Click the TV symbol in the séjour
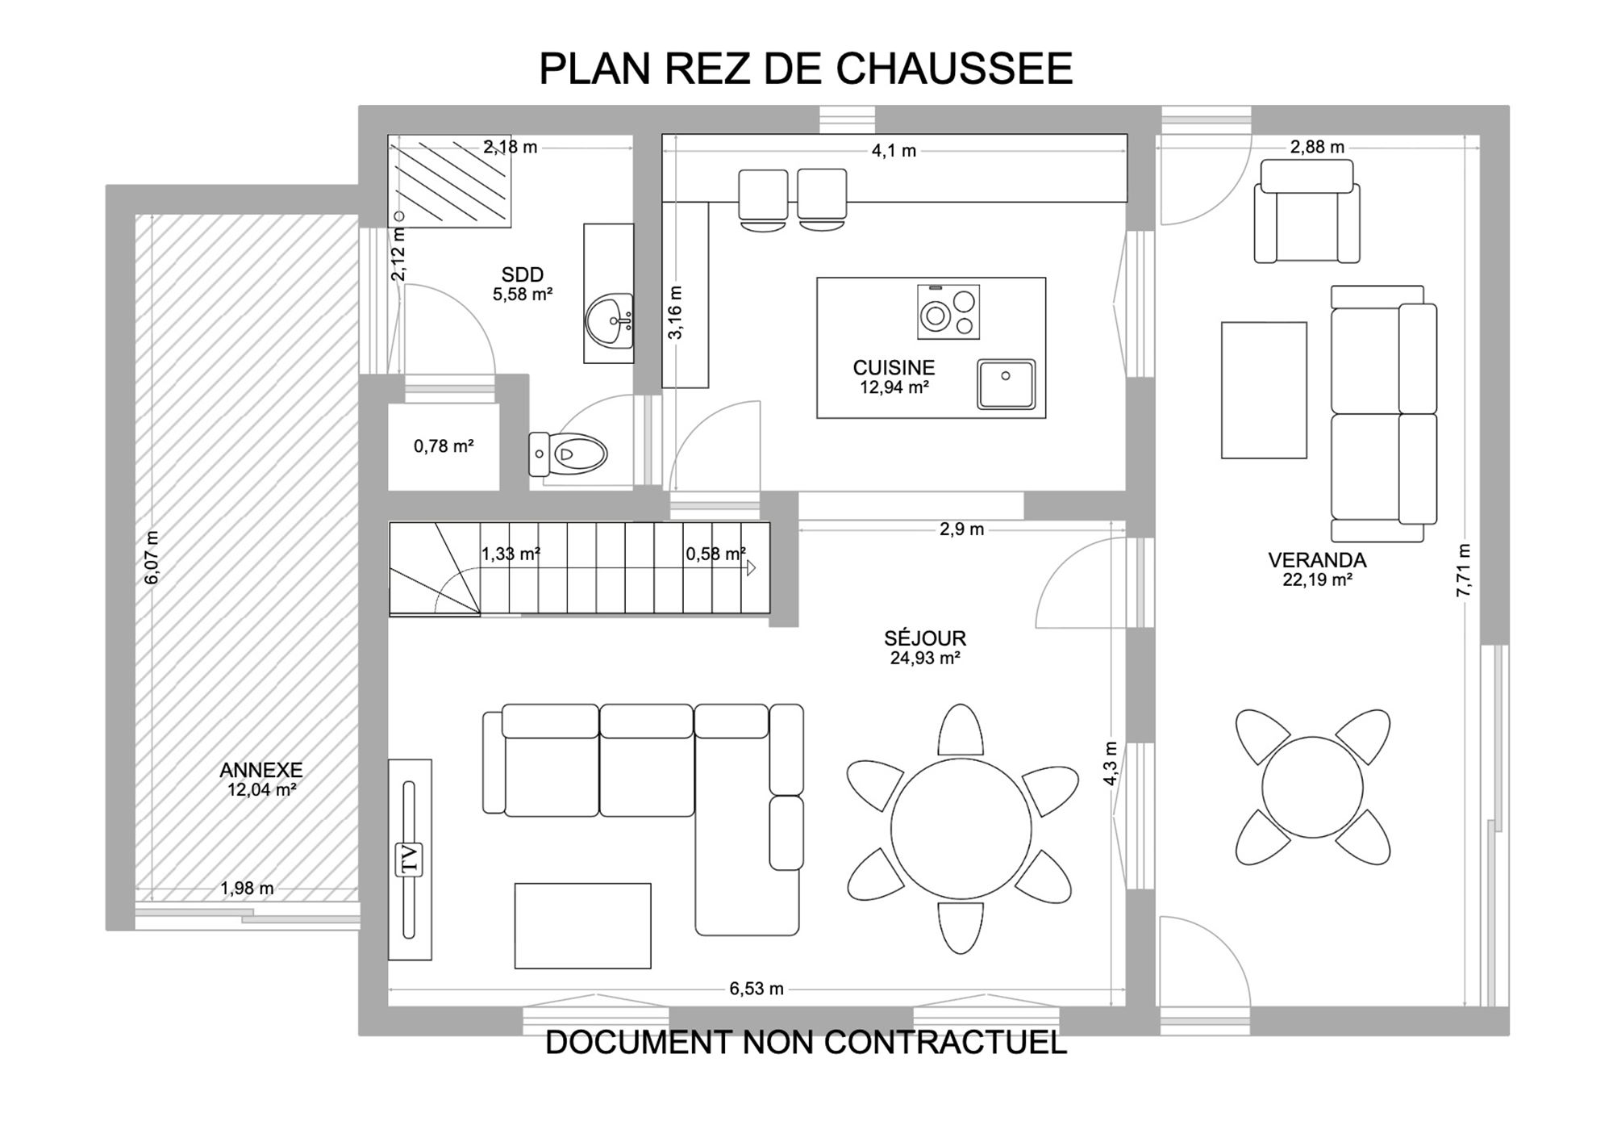pos(410,859)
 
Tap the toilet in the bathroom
pos(568,454)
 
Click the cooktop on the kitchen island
pos(948,312)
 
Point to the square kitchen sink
pos(1007,384)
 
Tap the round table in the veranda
pos(1312,787)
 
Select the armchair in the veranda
pos(1307,211)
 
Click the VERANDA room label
pos(1317,560)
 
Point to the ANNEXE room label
pos(261,770)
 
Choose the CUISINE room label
pos(894,367)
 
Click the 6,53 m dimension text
pos(756,989)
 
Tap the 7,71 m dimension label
pos(1464,571)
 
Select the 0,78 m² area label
pos(444,446)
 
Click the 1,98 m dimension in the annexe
pos(247,889)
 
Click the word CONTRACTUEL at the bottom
pos(946,1043)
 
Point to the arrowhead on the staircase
pos(751,568)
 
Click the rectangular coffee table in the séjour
pos(582,926)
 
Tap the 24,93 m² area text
pos(925,659)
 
